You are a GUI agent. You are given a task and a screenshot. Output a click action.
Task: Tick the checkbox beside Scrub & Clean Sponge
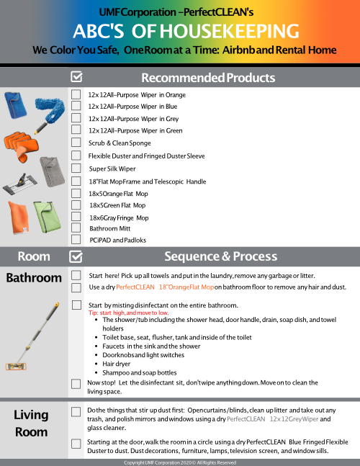pyautogui.click(x=76, y=143)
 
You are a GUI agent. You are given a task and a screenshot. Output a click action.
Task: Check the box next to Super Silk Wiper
pyautogui.click(x=76, y=168)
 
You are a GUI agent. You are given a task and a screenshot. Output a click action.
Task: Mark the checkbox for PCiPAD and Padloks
pyautogui.click(x=76, y=238)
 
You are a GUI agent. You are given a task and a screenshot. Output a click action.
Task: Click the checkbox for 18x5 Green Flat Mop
pyautogui.click(x=76, y=205)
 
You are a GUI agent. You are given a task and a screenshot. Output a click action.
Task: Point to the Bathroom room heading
pyautogui.click(x=34, y=278)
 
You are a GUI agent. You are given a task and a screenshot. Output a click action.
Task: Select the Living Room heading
pyautogui.click(x=32, y=423)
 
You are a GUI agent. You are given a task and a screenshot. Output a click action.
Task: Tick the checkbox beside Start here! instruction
pyautogui.click(x=76, y=275)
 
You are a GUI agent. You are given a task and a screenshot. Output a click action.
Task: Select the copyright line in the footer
pyautogui.click(x=180, y=462)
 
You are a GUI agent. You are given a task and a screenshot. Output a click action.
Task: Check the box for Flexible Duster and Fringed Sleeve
pyautogui.click(x=76, y=155)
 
